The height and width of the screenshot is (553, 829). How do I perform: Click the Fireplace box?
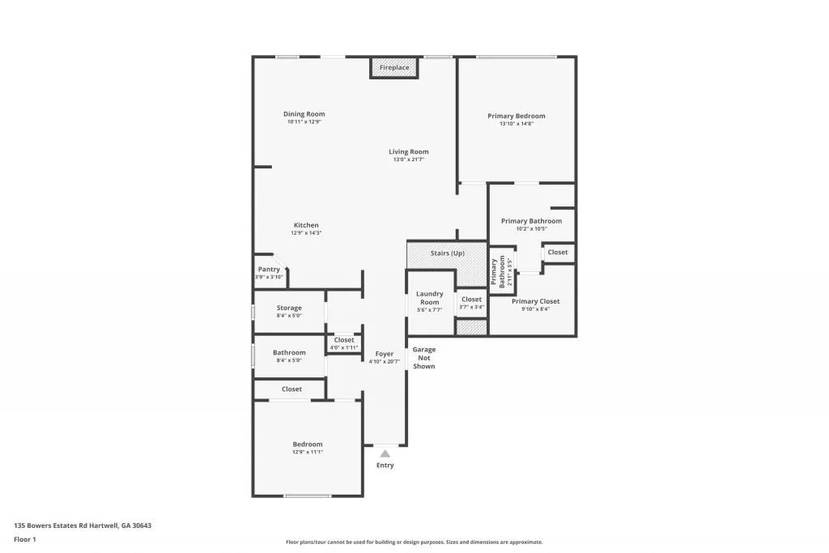coord(394,68)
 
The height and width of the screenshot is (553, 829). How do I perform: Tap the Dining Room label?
coord(304,114)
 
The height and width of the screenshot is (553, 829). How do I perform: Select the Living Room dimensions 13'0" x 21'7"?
coord(409,160)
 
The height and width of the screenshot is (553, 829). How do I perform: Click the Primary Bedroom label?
coord(517,116)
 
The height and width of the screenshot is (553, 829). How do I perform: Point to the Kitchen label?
coord(306,225)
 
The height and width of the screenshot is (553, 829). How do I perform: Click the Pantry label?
coord(269,269)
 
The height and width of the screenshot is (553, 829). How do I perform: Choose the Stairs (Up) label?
coord(447,253)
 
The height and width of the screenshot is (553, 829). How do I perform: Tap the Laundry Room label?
coord(429,298)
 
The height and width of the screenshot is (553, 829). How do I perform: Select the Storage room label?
coord(289,308)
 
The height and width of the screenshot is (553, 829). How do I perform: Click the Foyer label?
coord(385,354)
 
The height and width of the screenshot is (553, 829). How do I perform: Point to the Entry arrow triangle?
coord(385,453)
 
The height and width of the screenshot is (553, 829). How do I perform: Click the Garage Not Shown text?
coord(424,358)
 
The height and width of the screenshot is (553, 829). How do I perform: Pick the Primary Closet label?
coord(536,301)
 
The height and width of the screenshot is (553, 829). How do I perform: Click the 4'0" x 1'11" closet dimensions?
coord(344,347)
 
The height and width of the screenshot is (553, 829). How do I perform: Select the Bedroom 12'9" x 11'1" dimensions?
coord(308,452)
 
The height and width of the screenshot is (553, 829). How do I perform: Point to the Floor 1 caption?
coord(25,539)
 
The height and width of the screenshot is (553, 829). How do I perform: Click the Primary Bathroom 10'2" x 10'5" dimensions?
coord(531,228)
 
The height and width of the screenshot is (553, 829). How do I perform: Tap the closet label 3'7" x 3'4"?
coord(471,307)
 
